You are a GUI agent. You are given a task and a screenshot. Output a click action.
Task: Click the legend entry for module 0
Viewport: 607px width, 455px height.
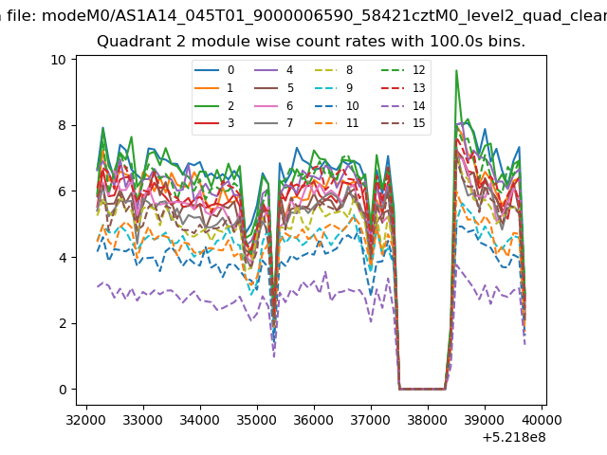(x=214, y=70)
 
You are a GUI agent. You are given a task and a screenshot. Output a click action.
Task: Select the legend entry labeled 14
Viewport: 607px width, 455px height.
(x=403, y=106)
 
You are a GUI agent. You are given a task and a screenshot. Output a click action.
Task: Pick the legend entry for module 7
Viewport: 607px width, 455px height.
(x=273, y=123)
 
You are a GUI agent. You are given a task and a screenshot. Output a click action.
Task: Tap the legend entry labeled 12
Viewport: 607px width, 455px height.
(x=403, y=70)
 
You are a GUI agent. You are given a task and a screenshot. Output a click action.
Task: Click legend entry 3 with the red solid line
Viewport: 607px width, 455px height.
(x=214, y=123)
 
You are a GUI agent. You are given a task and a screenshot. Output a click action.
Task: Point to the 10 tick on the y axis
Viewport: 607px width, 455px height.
(x=58, y=60)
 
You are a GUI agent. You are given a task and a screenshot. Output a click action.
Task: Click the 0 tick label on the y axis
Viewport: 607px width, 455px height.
(x=63, y=390)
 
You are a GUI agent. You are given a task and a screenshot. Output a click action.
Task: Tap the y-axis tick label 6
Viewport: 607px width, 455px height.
(x=63, y=191)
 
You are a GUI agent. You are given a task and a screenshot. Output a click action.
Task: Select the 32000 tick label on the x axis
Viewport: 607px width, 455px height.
(x=86, y=420)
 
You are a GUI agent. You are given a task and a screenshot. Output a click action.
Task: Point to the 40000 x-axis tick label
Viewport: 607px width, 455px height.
(x=542, y=420)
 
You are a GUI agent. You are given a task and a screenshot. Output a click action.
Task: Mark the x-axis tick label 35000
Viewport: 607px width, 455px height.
(x=257, y=420)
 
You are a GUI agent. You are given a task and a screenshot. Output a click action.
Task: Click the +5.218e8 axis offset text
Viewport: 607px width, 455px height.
(x=514, y=438)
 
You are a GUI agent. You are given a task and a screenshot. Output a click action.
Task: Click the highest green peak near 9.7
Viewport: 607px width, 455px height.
(x=457, y=70)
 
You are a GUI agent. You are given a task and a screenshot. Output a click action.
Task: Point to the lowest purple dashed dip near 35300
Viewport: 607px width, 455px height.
(x=274, y=356)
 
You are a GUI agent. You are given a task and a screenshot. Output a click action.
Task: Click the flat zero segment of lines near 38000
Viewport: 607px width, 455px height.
(x=422, y=389)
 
